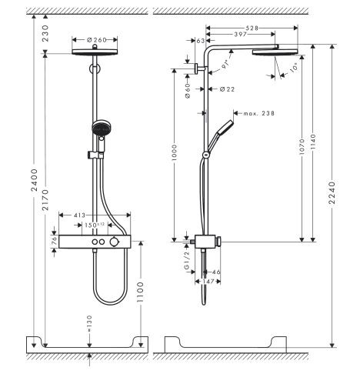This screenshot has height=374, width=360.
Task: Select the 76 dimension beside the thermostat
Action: tap(54, 240)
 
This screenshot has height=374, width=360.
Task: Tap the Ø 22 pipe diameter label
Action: tap(226, 89)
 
